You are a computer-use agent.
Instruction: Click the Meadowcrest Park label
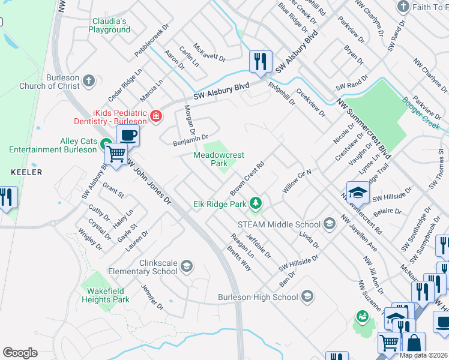click(218, 159)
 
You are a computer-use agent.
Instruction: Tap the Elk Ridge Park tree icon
click(256, 203)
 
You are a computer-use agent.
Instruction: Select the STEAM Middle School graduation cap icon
click(329, 224)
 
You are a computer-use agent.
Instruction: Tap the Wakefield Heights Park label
click(105, 295)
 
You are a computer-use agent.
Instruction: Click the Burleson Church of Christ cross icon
click(89, 80)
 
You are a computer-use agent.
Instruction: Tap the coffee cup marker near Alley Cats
click(128, 135)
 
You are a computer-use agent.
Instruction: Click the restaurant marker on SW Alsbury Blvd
click(261, 62)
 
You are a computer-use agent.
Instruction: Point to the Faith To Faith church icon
click(403, 7)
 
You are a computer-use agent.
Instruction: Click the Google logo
click(20, 353)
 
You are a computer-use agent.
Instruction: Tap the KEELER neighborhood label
click(26, 172)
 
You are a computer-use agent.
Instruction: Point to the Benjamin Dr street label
click(190, 140)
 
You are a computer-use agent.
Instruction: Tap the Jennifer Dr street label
click(151, 297)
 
